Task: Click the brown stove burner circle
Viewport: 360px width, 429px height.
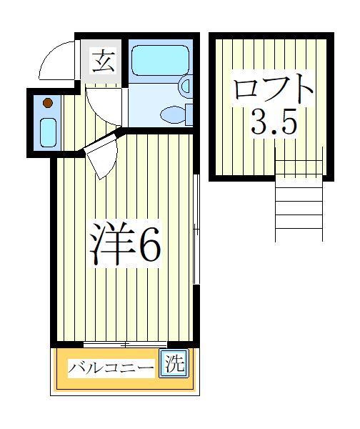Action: coord(47,103)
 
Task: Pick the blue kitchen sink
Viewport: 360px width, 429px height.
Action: coord(47,132)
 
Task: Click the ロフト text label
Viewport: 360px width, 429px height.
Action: coord(273,92)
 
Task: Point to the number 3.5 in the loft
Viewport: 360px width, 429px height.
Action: coord(273,124)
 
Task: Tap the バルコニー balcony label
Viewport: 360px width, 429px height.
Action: coord(111,368)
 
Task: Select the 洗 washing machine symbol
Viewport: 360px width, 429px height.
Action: coord(174,364)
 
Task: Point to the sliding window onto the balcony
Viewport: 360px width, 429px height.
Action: coord(125,345)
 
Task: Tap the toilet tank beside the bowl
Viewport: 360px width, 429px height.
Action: coord(189,114)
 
